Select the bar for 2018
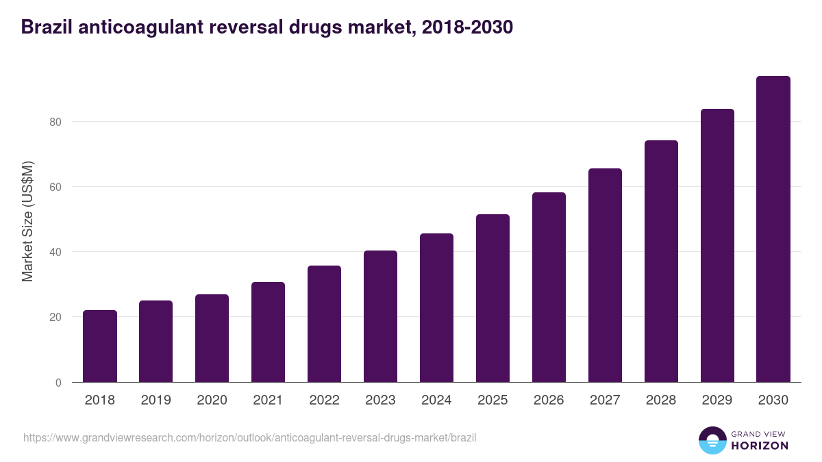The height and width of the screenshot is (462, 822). [100, 346]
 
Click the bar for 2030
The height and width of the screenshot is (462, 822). [773, 229]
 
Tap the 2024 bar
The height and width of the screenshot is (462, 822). [436, 308]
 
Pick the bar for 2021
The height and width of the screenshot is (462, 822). [268, 332]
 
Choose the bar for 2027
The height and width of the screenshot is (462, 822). [605, 275]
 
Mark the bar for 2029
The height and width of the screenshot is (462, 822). [717, 246]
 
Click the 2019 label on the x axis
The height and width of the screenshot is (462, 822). [156, 400]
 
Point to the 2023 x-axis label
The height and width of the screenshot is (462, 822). [380, 400]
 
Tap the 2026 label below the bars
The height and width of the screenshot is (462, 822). [549, 400]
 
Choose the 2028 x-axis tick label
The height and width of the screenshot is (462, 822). [661, 400]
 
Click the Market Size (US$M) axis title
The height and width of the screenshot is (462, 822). [27, 221]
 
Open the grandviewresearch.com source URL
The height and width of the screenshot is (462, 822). [249, 437]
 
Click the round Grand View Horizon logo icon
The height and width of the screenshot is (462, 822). [712, 440]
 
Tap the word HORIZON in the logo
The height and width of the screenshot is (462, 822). [760, 446]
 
